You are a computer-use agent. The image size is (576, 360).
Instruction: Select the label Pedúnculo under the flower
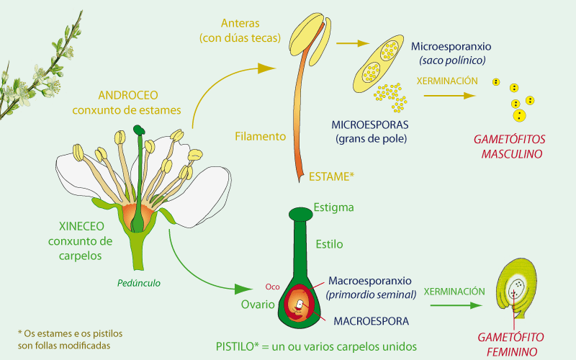pos(139,283)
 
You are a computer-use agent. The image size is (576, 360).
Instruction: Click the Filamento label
pos(261,136)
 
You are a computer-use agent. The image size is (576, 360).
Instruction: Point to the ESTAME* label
pos(331,176)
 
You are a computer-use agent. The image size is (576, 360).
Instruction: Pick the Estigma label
pos(333,208)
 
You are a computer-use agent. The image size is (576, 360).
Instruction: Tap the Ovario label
pos(256,305)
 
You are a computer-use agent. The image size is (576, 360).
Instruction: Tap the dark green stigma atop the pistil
pos(301,215)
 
